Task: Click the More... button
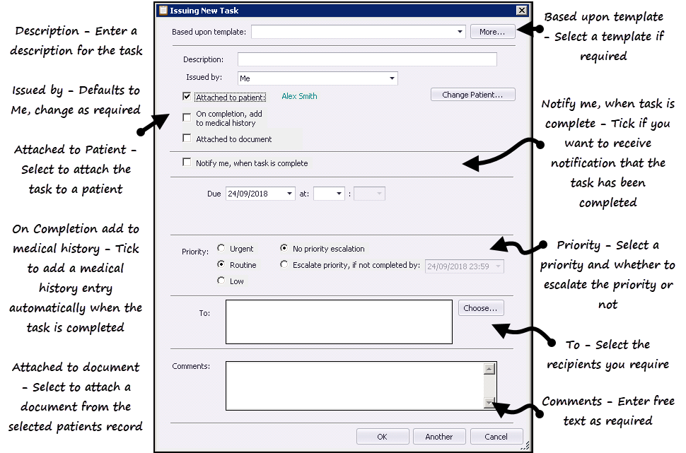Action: tap(492, 32)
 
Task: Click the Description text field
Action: tap(367, 59)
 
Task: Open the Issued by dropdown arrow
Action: tap(392, 78)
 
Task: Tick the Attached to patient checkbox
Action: tap(187, 96)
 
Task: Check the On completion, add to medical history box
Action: tap(187, 117)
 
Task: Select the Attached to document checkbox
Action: tap(187, 139)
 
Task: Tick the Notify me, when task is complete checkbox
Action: tap(187, 163)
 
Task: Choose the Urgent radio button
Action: tap(221, 248)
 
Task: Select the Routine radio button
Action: tap(221, 264)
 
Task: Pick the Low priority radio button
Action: tap(221, 281)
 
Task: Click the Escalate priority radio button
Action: tap(284, 264)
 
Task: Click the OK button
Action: tap(383, 436)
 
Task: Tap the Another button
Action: tap(438, 436)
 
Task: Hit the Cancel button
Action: tap(496, 436)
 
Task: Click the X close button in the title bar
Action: tap(521, 11)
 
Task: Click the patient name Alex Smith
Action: tap(299, 96)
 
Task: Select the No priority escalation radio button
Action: tap(284, 248)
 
